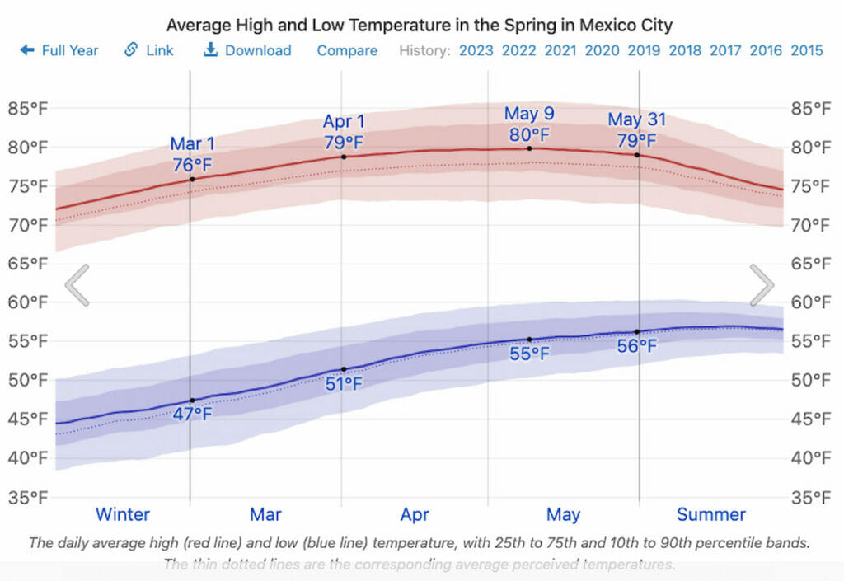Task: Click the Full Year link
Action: coord(59,50)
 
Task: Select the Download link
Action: coord(247,50)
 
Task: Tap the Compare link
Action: coord(347,50)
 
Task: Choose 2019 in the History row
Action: coord(644,50)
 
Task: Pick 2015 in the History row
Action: coord(806,50)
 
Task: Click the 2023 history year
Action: coord(476,50)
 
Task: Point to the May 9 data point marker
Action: coord(529,148)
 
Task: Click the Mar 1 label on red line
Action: coord(192,145)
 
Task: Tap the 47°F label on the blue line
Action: coord(192,414)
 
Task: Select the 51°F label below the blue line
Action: coord(344,383)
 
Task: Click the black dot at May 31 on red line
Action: coord(637,155)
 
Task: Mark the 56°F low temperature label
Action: coord(637,346)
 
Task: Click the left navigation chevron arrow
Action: coord(77,285)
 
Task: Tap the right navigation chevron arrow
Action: coord(762,285)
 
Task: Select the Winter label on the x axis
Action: coord(123,515)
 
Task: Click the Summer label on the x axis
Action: coord(710,515)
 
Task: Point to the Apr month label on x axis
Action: coord(415,515)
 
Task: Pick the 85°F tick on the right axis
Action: coord(811,108)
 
